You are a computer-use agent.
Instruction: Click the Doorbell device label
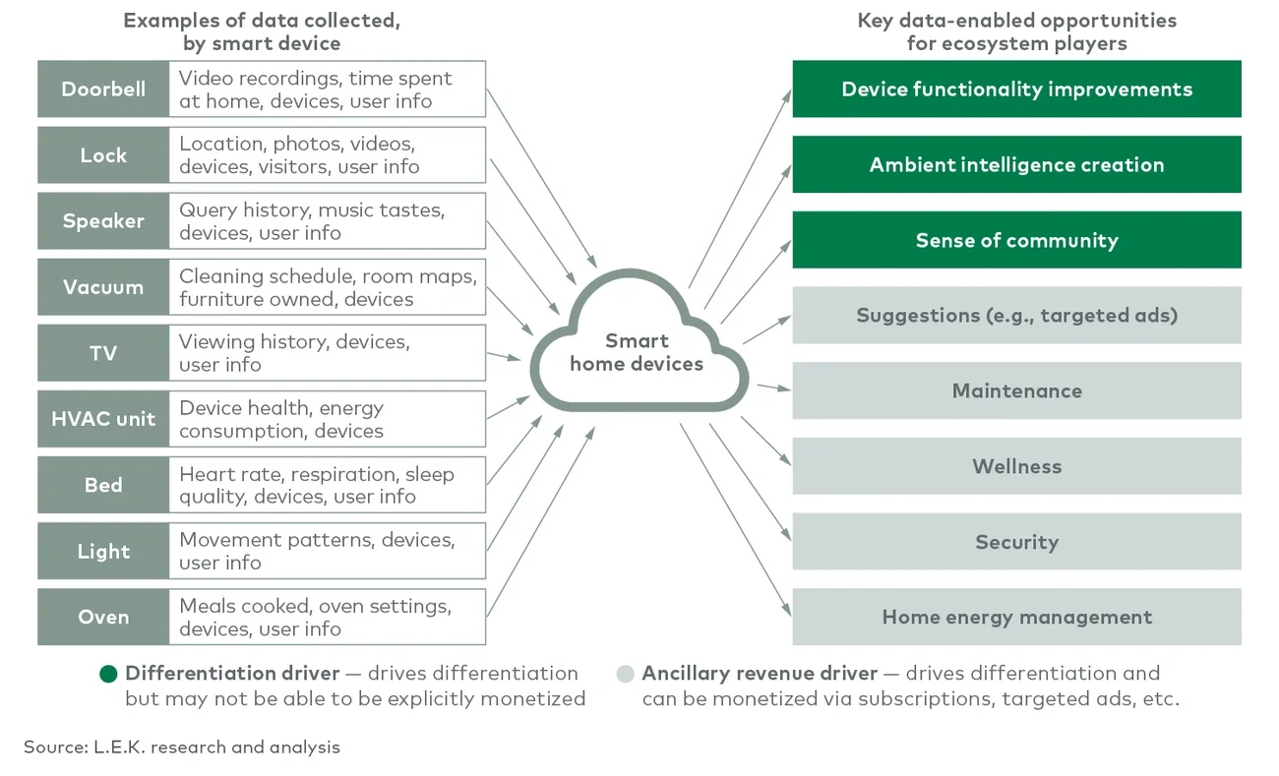(103, 90)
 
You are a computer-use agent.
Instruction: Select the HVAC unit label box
(103, 419)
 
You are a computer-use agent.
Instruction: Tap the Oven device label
(103, 618)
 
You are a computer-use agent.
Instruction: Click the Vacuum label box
(103, 287)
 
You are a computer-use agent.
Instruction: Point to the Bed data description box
(327, 485)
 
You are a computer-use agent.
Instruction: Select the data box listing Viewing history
(327, 353)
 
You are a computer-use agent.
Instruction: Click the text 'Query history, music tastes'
(311, 209)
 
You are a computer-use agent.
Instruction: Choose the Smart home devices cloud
(637, 352)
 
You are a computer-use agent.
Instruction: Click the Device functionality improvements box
(1016, 90)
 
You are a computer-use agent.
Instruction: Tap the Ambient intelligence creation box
(1016, 165)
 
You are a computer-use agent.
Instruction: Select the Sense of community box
(1016, 241)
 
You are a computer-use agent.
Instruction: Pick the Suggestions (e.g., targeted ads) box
(1016, 316)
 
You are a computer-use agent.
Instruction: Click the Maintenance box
(1016, 391)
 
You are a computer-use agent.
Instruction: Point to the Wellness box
(1016, 467)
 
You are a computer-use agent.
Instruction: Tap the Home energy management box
(1016, 618)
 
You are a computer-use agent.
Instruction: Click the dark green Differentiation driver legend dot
(108, 674)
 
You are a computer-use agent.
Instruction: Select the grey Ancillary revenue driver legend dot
(625, 674)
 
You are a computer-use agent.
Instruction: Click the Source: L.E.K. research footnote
(182, 747)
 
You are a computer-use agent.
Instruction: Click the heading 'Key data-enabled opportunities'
(1016, 21)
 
